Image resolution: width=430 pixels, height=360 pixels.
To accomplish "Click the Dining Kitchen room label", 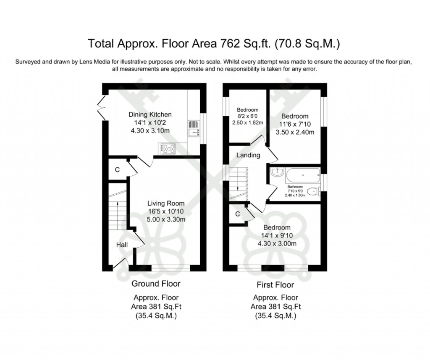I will [150, 115].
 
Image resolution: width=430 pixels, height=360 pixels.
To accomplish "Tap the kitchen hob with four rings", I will [168, 148].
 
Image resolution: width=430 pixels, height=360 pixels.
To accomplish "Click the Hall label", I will [122, 245].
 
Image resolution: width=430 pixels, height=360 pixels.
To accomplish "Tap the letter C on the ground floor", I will [117, 170].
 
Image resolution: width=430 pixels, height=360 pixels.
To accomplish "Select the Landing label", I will [248, 155].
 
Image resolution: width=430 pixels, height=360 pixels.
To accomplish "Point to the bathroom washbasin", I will [275, 172].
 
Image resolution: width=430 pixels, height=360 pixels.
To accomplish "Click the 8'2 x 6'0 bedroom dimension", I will [247, 117].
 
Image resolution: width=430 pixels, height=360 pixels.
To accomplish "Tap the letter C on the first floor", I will [237, 214].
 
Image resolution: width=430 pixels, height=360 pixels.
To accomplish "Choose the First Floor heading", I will [275, 285].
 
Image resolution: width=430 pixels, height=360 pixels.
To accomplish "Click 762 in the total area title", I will [228, 43].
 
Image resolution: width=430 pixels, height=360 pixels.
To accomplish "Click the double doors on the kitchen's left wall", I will [100, 107].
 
